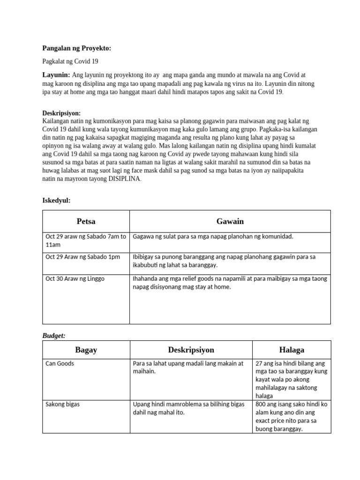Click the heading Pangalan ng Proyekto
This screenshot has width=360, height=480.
pos(77,48)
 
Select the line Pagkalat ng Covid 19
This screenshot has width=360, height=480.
pos(70,61)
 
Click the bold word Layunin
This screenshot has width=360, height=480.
pos(56,75)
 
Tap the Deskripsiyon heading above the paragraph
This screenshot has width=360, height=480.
pos(61,113)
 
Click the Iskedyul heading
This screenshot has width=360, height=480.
pos(56,201)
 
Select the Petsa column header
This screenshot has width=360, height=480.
pos(86,221)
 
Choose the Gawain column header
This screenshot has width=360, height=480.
pos(230,221)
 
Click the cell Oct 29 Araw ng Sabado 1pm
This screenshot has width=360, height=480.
pos(82,257)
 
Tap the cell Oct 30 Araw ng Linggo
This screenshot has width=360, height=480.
pos(75,279)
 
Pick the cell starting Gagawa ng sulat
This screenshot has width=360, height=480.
pos(213,236)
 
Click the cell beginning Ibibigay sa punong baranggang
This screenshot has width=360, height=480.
pos(224,261)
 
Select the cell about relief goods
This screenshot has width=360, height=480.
pos(230,283)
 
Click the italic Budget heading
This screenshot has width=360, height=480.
pos(54,336)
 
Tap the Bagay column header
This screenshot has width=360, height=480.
pos(86,350)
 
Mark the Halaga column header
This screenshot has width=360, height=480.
pos(291,350)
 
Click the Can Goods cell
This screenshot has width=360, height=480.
pos(60,363)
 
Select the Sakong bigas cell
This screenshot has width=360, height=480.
pos(62,404)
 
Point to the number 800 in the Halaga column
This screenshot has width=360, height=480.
pos(261,404)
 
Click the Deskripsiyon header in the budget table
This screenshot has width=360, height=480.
pos(191,350)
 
